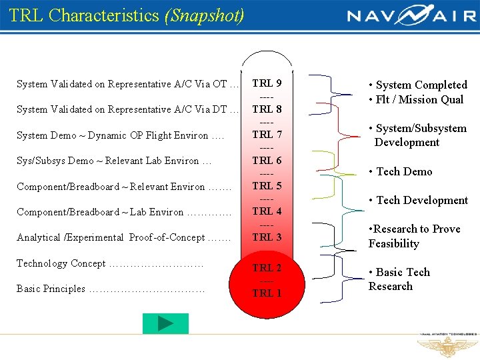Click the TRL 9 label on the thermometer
(x=267, y=83)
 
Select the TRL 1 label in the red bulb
(x=267, y=293)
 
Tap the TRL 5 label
(x=267, y=186)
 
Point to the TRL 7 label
(x=267, y=135)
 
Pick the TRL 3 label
(x=267, y=237)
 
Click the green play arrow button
(x=165, y=324)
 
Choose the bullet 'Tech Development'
(x=419, y=200)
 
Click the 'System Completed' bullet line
(x=418, y=85)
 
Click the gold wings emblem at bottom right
(x=445, y=346)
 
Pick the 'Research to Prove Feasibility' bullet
(x=414, y=236)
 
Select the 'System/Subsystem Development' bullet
(x=417, y=135)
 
